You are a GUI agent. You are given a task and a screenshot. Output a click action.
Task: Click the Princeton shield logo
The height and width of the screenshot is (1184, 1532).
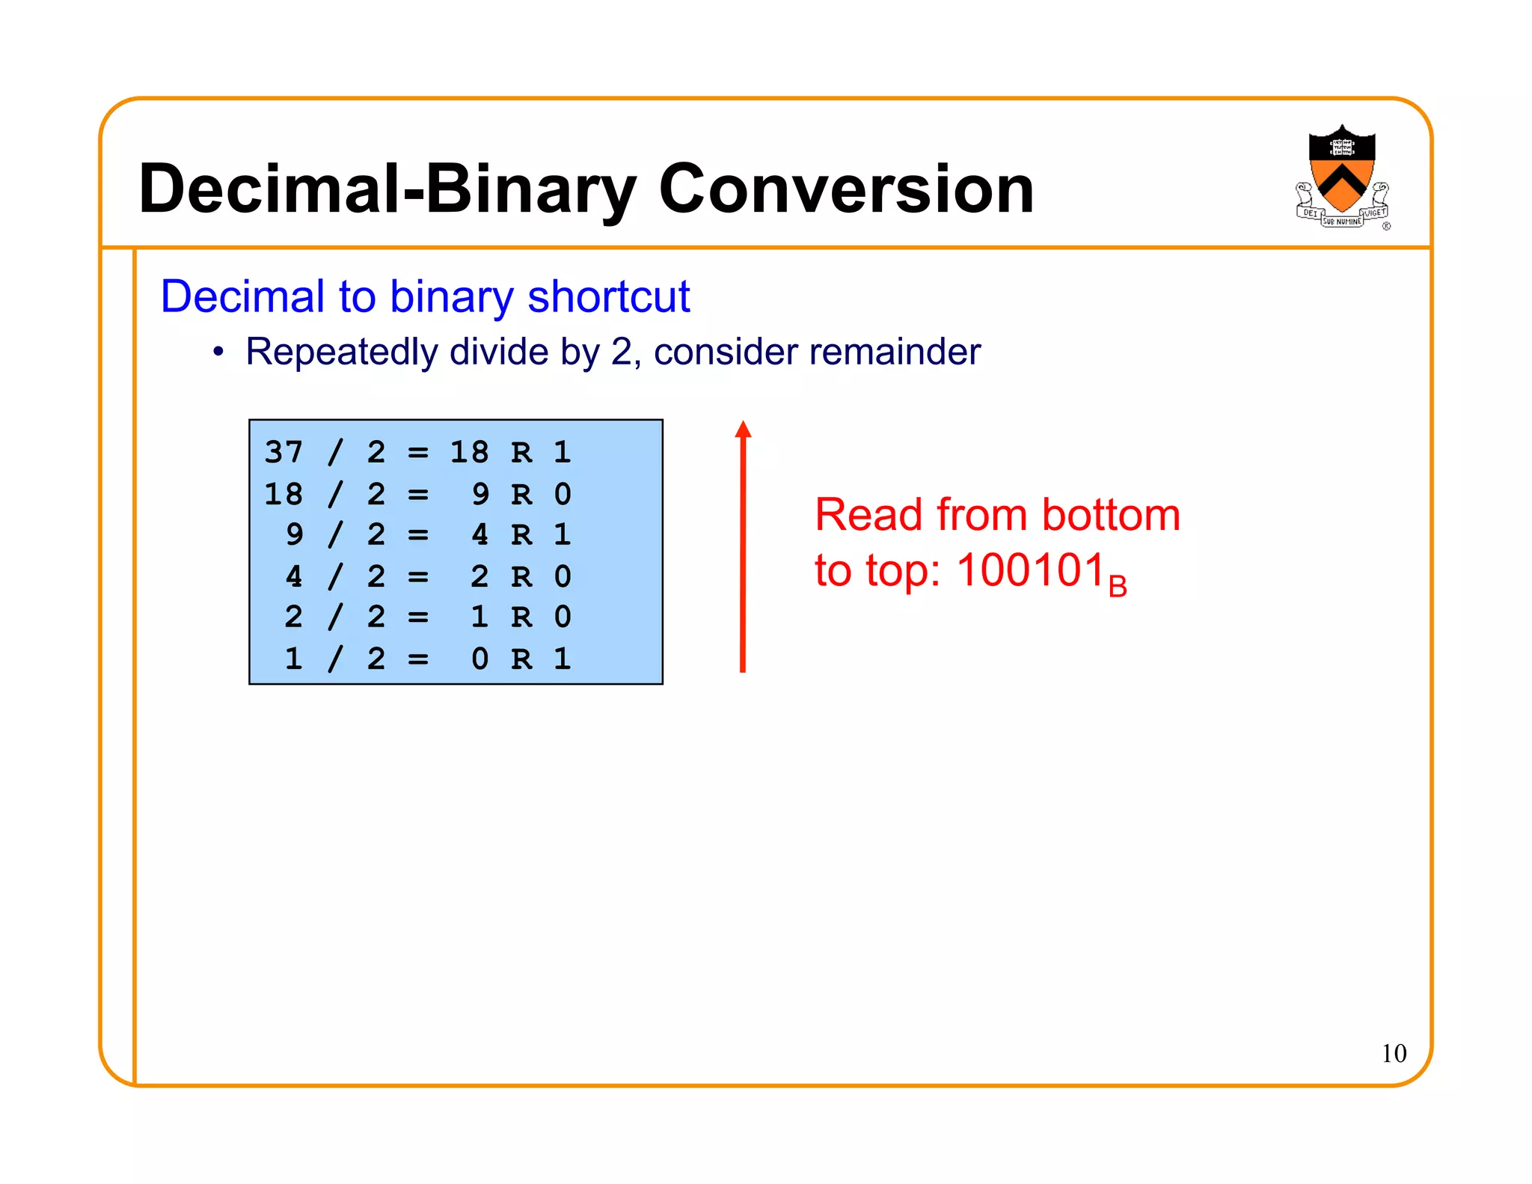1342,176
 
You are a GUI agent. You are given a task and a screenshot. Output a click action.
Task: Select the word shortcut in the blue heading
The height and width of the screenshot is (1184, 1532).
608,296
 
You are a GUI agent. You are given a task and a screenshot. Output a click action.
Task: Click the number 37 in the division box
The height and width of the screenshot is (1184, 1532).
284,452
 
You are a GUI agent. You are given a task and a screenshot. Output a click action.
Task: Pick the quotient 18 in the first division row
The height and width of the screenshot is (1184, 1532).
469,452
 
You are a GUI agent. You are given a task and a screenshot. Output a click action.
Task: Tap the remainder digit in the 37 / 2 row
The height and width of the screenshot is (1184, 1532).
563,452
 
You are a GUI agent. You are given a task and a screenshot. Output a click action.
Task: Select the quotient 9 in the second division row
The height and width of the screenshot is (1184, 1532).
480,494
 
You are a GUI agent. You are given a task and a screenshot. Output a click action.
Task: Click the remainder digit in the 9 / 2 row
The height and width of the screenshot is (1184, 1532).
563,534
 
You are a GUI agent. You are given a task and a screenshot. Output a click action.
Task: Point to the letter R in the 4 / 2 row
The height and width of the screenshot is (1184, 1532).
521,576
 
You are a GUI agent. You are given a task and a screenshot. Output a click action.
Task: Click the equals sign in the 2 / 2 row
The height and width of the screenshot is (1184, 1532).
418,617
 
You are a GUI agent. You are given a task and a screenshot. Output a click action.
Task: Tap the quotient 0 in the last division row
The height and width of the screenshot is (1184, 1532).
480,659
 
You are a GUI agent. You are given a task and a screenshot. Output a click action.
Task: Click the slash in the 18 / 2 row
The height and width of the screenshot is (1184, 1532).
336,494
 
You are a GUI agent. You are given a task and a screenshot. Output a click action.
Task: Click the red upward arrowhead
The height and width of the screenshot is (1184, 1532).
743,429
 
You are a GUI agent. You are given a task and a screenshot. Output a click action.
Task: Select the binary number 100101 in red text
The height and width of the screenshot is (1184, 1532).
1031,570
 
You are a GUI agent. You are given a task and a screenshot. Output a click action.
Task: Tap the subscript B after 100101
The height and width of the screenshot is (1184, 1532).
1118,586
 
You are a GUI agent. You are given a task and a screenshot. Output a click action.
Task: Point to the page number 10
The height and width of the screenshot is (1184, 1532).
1394,1053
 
